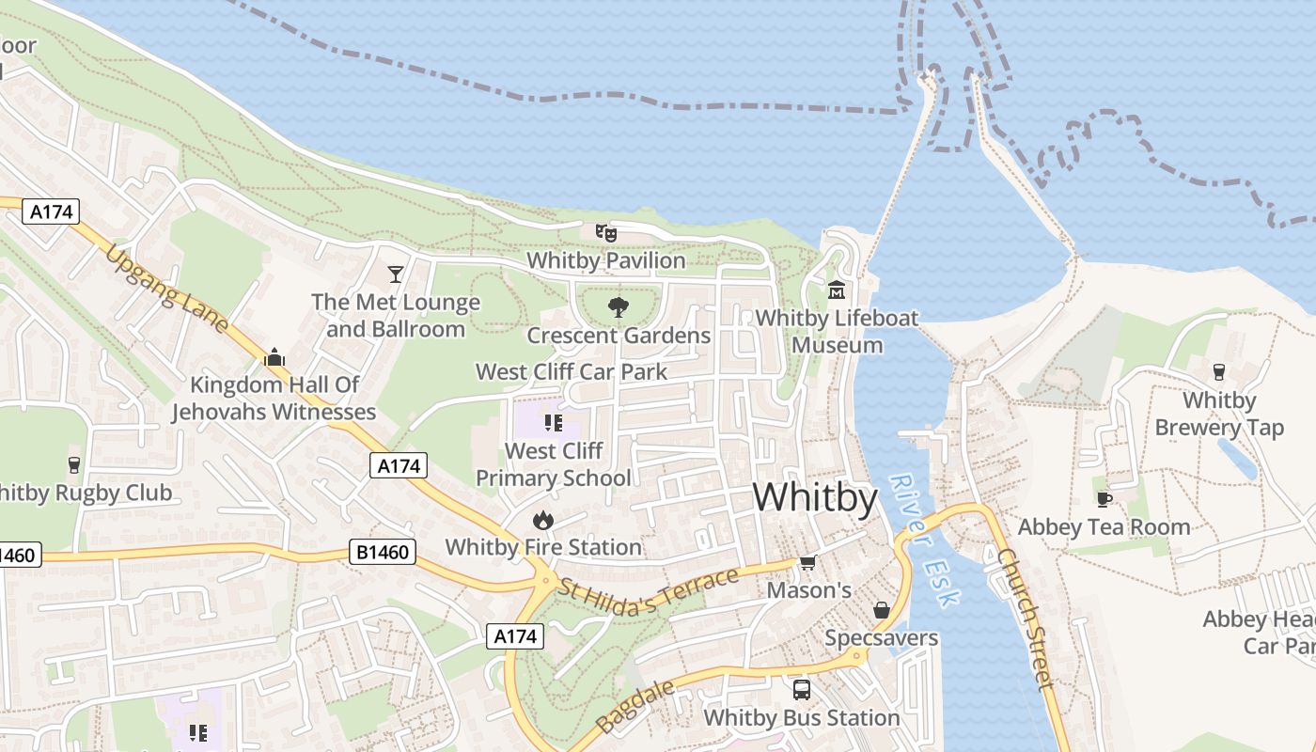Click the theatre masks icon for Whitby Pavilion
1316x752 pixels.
coord(605,231)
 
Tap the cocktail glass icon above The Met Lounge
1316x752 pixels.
coord(396,274)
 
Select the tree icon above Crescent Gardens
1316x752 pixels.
coord(618,305)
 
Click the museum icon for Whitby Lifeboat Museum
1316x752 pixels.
coord(837,290)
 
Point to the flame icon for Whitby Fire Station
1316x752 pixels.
coord(542,519)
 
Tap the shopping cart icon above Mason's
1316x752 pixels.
coord(807,562)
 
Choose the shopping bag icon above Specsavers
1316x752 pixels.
coord(882,610)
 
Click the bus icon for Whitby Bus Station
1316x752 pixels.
coord(802,689)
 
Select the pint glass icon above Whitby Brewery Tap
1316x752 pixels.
coord(1219,371)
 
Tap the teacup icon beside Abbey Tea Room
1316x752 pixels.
coord(1104,498)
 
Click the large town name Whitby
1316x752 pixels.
coord(815,496)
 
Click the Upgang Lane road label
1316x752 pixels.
coord(166,289)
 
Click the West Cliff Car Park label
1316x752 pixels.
coord(572,371)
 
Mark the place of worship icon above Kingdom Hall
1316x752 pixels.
coord(274,356)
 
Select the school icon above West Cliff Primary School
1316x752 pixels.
coord(554,423)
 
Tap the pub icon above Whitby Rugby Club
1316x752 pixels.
coord(74,464)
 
